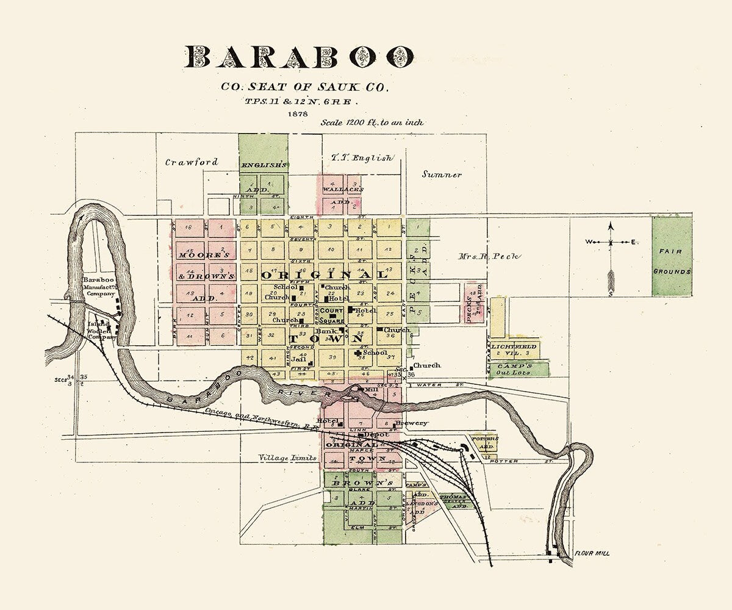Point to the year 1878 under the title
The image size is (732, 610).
click(x=299, y=113)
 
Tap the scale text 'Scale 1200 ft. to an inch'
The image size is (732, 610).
click(x=372, y=123)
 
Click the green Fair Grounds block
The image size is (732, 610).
click(x=672, y=256)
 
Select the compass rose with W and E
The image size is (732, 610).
click(x=611, y=243)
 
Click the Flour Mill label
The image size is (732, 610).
click(x=591, y=554)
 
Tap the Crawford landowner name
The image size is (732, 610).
click(x=192, y=162)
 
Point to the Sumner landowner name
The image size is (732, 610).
click(x=442, y=174)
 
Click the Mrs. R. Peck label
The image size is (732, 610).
click(x=489, y=256)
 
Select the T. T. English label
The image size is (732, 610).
click(x=362, y=158)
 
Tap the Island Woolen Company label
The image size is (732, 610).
click(x=101, y=330)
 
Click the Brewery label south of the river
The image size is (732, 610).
click(x=411, y=423)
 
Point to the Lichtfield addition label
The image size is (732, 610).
click(x=514, y=346)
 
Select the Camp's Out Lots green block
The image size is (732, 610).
click(x=518, y=369)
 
